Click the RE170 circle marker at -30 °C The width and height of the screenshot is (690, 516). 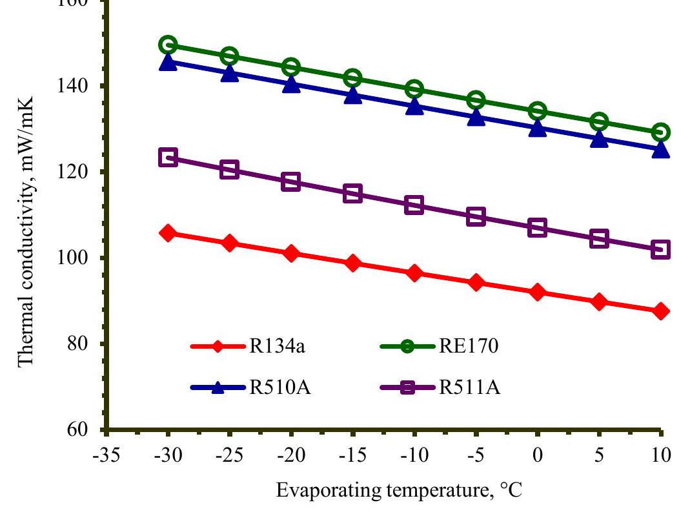[x=168, y=45]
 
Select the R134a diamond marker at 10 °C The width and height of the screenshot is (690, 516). [x=660, y=311]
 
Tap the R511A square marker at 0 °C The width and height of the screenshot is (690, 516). [x=537, y=228]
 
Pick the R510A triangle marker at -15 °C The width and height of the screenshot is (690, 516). [x=352, y=96]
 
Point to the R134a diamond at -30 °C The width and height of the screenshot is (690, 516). [x=168, y=233]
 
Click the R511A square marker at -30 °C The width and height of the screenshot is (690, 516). [x=168, y=158]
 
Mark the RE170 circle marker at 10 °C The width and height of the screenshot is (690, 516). [x=660, y=132]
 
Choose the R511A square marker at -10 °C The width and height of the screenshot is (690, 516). [x=414, y=205]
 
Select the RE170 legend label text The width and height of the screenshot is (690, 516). [x=469, y=347]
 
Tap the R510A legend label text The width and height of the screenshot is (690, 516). [x=277, y=387]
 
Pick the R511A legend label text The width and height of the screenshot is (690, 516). [x=470, y=387]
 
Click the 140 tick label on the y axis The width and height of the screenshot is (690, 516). [x=83, y=86]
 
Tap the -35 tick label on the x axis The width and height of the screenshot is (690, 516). [x=107, y=455]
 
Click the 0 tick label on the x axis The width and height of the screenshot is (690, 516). [x=537, y=455]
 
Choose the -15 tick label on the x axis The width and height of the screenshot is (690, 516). [x=352, y=455]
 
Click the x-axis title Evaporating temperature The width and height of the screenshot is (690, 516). [x=398, y=491]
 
